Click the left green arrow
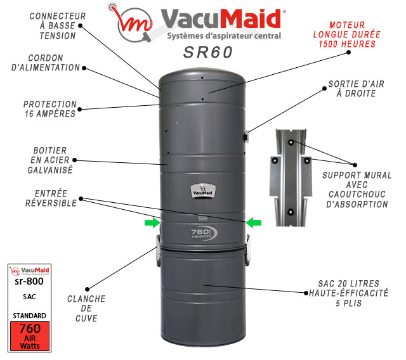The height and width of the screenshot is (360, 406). [x=152, y=222]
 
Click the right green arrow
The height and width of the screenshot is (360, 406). [x=254, y=222]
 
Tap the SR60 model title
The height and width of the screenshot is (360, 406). [x=208, y=52]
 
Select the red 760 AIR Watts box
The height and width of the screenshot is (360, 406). [x=30, y=336]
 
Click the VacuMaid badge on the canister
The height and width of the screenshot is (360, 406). [x=203, y=191]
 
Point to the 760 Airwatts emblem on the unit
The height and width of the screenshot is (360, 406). [x=204, y=233]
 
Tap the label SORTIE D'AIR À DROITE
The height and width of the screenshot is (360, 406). [x=357, y=89]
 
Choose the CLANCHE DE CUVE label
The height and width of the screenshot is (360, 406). [x=86, y=309]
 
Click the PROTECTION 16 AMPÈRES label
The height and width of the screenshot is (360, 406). [x=50, y=109]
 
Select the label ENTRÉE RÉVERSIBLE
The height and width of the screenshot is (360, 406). [x=51, y=198]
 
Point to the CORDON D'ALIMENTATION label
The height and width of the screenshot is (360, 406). [x=46, y=63]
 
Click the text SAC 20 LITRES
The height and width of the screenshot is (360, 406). [x=348, y=284]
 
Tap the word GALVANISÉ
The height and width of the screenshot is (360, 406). [x=50, y=170]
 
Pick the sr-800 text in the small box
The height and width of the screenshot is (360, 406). [x=29, y=281]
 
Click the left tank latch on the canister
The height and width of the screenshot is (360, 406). [x=158, y=250]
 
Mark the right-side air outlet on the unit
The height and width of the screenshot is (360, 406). [x=246, y=136]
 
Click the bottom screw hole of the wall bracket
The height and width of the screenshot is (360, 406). [x=291, y=212]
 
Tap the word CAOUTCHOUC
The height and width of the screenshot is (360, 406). [x=357, y=195]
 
